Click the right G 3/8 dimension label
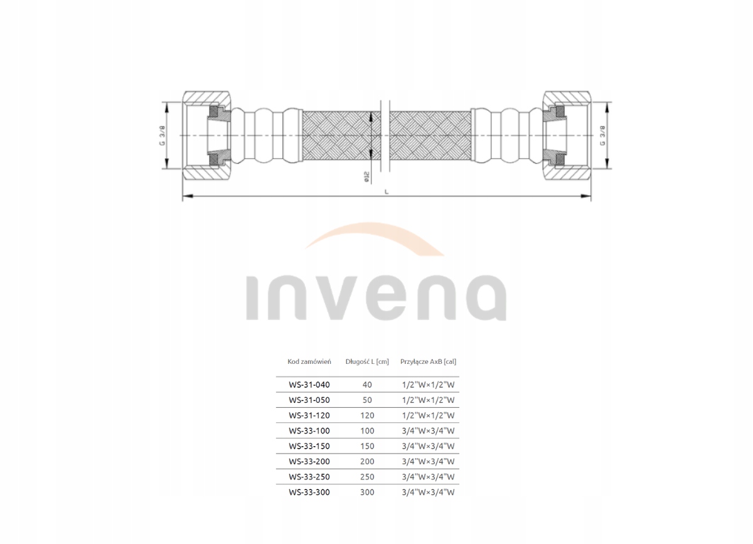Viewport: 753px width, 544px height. (602, 135)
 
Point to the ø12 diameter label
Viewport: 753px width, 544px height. (365, 178)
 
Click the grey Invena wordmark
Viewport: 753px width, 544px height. (375, 297)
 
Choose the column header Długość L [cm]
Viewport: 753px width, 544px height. (367, 361)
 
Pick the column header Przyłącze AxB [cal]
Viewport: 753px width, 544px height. (429, 361)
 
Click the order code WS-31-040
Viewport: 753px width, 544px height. (309, 384)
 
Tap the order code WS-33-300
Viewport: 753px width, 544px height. (309, 493)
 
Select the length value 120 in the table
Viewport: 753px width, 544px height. (367, 415)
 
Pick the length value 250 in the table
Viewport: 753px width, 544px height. (367, 477)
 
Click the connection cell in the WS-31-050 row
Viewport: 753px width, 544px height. (427, 400)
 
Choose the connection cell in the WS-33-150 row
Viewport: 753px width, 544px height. (427, 446)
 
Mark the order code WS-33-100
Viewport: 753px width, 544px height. (309, 431)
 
